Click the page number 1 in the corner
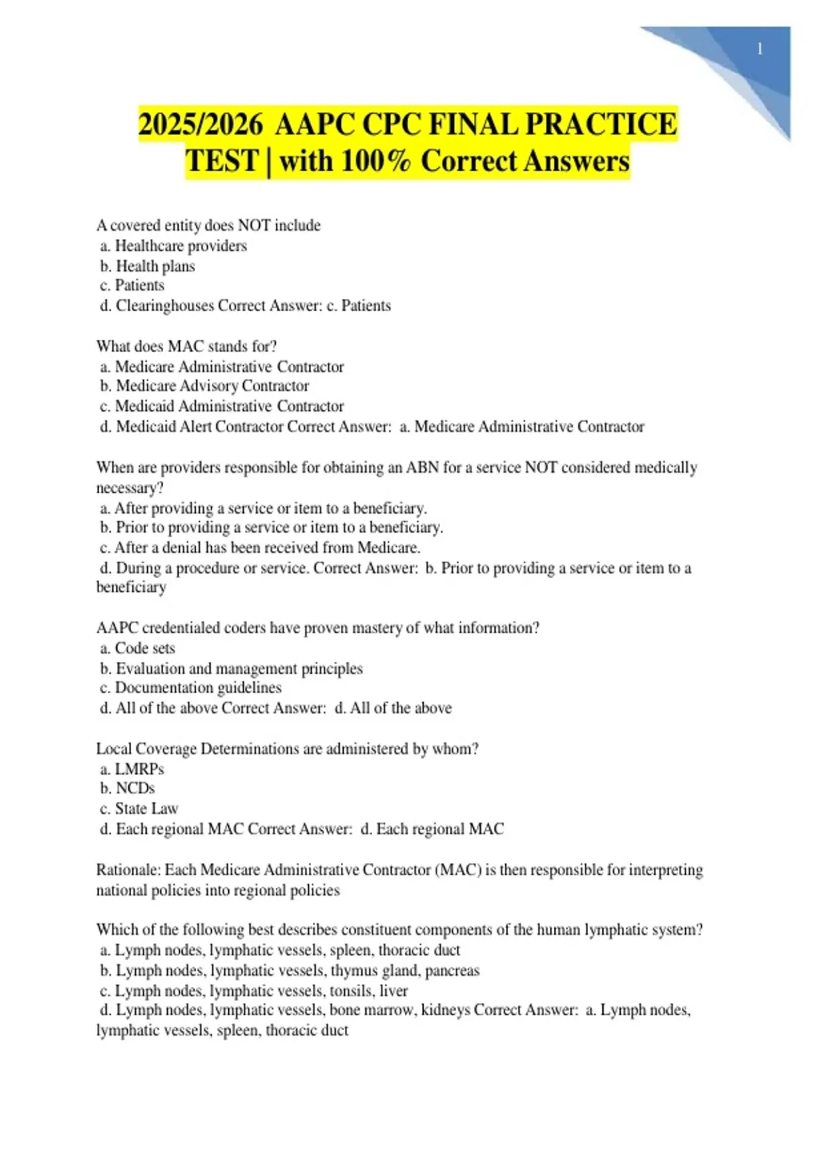[759, 49]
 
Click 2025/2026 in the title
[200, 125]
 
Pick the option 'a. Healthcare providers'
[173, 245]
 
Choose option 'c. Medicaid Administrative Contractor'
[221, 406]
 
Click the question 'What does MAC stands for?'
[186, 346]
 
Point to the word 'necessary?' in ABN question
[130, 488]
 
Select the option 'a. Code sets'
[137, 648]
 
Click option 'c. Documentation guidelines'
[190, 688]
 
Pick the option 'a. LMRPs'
[132, 769]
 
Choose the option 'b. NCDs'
[127, 788]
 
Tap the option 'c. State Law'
[139, 808]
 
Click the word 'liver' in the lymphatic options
[394, 991]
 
